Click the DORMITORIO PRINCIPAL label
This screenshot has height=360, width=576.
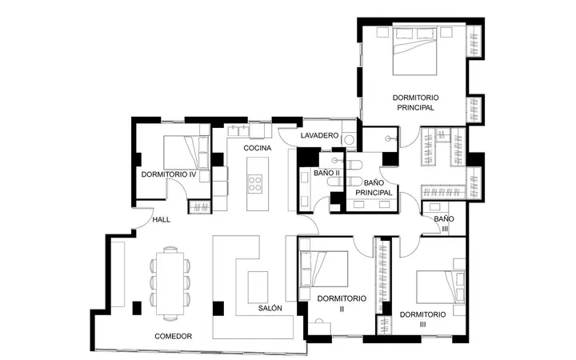(415, 102)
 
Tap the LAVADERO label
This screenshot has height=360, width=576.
(319, 135)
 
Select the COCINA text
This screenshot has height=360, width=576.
(258, 148)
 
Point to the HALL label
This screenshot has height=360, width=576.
(162, 220)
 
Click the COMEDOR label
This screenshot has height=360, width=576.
(173, 336)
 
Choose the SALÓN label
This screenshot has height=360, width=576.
(270, 308)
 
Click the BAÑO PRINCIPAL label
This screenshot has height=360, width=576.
(374, 187)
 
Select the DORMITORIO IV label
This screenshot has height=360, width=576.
(169, 174)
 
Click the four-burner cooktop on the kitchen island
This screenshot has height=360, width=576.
(255, 183)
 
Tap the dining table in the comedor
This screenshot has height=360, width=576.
(170, 283)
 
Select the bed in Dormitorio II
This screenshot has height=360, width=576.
(324, 269)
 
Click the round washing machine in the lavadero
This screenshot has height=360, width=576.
(348, 139)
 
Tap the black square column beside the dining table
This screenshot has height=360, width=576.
(137, 308)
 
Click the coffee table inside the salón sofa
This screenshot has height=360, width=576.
(258, 287)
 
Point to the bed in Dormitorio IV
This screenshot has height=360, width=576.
(186, 153)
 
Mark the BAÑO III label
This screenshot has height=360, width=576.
(444, 224)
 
